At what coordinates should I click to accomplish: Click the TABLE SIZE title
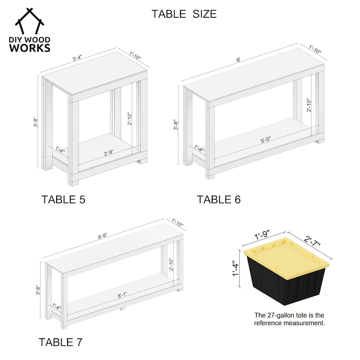(184, 14)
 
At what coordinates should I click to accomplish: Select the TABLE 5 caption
(63, 199)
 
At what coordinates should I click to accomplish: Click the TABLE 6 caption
(219, 199)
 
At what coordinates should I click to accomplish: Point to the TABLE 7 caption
(60, 342)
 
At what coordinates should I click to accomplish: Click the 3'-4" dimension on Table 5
(77, 58)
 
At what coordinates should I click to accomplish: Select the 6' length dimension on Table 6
(238, 60)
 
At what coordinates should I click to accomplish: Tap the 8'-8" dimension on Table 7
(102, 236)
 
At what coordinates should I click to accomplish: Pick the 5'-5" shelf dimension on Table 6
(266, 140)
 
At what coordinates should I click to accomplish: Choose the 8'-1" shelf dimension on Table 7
(122, 295)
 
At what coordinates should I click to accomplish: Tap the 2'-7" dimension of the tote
(312, 241)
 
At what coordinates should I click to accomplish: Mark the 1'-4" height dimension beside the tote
(236, 268)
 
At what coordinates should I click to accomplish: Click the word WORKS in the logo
(29, 48)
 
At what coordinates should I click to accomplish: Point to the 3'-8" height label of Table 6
(175, 125)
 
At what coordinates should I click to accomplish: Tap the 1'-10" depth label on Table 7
(177, 223)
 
